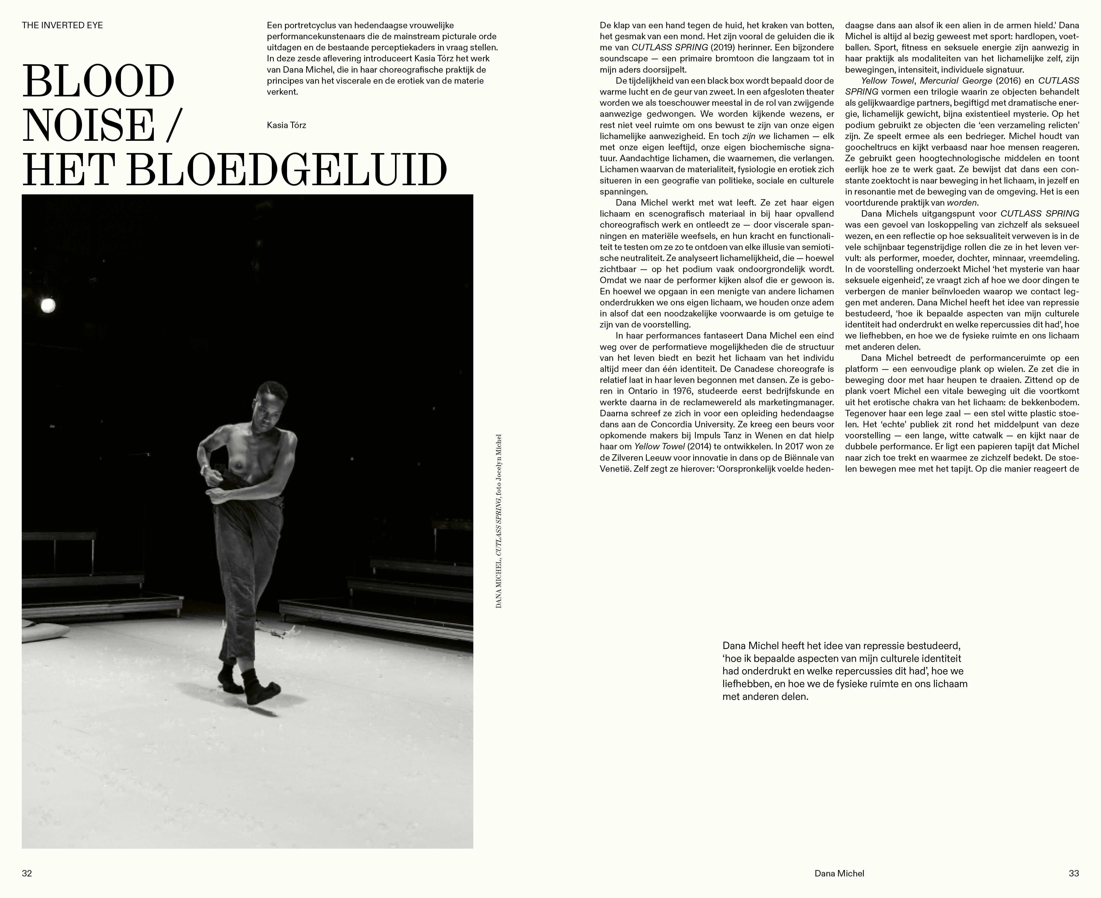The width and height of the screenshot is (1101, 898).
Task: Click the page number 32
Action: pyautogui.click(x=27, y=873)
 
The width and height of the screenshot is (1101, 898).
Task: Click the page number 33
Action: pyautogui.click(x=1074, y=873)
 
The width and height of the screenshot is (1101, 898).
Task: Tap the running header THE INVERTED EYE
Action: pyautogui.click(x=62, y=25)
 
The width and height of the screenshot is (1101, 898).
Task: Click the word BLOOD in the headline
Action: pyautogui.click(x=98, y=82)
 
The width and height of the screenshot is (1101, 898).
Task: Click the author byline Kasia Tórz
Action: pyautogui.click(x=286, y=125)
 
